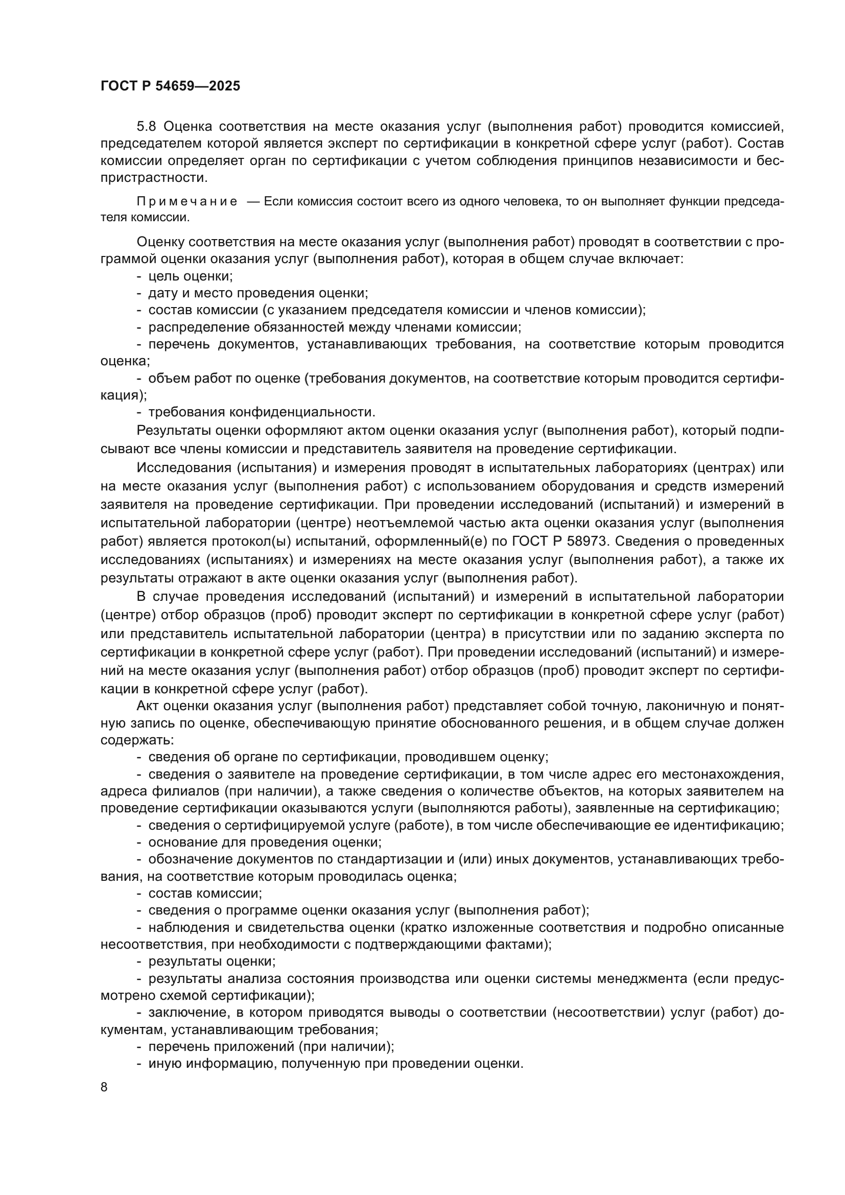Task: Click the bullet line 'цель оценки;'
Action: coord(191,276)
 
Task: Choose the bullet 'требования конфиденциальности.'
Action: coord(262,412)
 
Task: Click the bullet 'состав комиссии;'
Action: coord(205,894)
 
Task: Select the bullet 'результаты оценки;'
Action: coord(212,962)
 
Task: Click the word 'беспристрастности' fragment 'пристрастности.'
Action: coord(154,177)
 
